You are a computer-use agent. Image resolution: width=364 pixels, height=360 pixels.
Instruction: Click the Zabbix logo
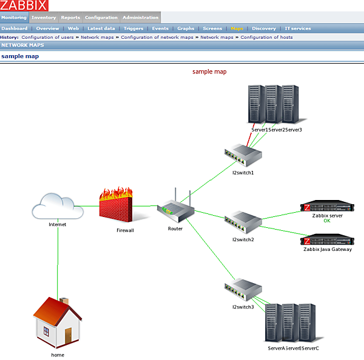(24, 5)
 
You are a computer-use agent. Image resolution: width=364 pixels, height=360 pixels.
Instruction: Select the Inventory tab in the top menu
(44, 18)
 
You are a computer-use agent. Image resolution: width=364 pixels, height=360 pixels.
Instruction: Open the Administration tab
(140, 18)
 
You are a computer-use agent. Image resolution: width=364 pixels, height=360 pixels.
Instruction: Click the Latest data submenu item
(101, 28)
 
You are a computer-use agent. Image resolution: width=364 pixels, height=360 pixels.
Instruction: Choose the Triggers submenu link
(133, 28)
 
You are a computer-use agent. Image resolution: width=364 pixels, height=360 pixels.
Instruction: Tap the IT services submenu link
(298, 28)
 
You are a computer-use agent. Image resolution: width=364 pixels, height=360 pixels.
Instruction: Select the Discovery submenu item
(264, 28)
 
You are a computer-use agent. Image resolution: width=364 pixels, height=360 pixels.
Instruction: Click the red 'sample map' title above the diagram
(209, 72)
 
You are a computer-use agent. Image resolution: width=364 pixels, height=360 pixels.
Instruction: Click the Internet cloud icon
(58, 207)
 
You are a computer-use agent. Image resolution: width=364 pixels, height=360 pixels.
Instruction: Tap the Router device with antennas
(175, 208)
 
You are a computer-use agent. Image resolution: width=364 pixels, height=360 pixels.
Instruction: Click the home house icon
(57, 324)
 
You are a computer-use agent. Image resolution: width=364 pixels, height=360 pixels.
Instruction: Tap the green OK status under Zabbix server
(327, 221)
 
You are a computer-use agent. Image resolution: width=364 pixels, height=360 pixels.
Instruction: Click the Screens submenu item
(212, 28)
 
